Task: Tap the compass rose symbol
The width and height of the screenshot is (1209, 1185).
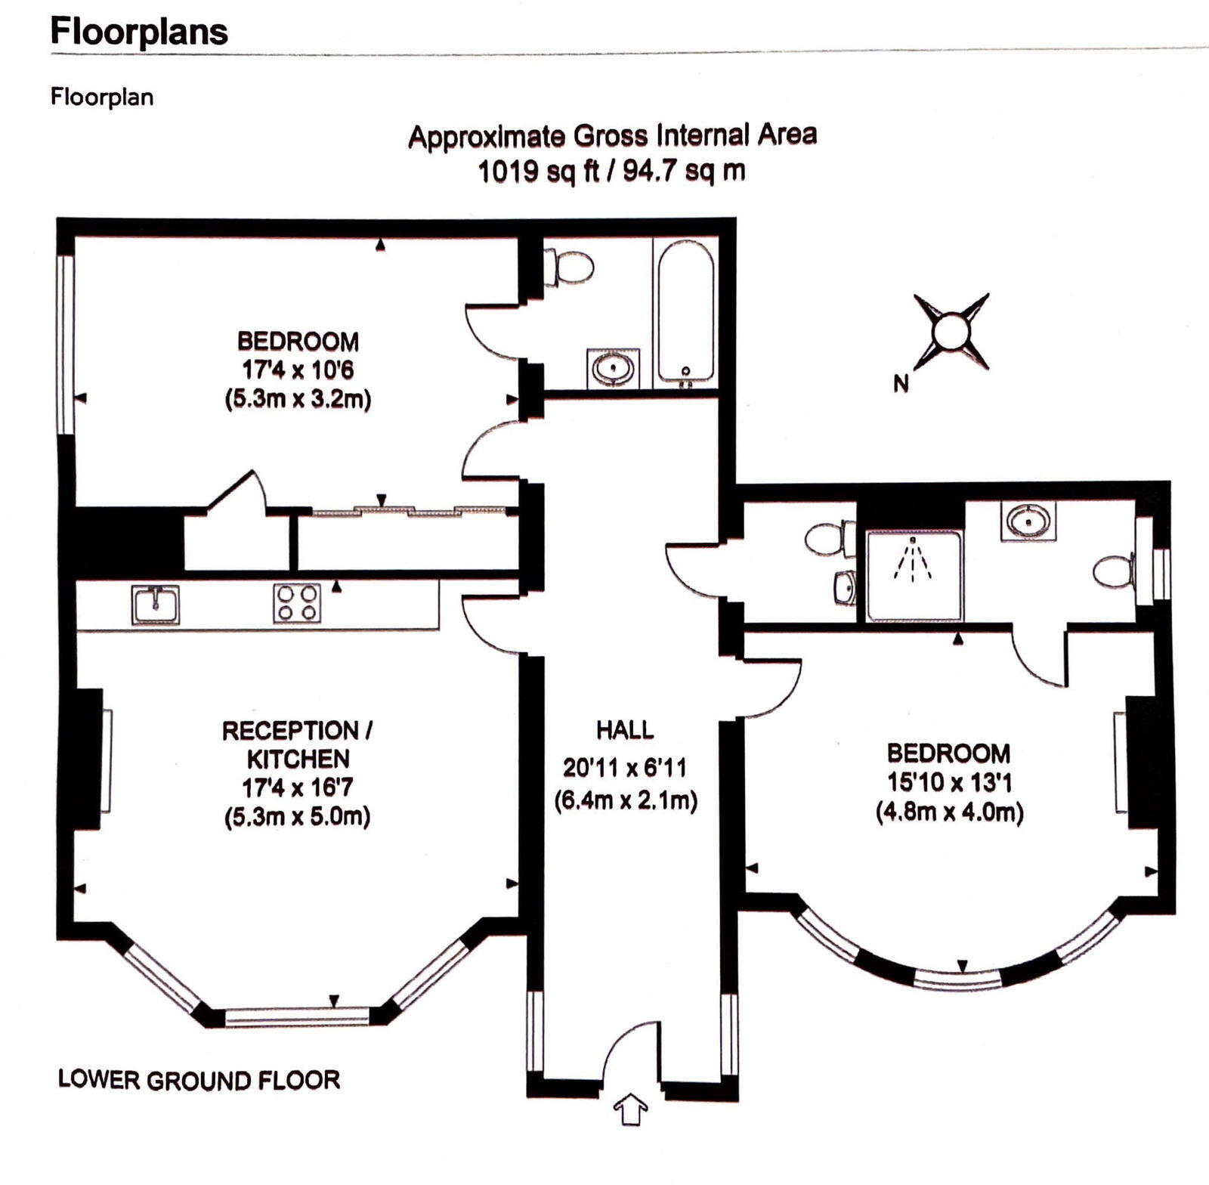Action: coord(951,332)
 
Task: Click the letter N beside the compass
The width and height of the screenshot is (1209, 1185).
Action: coord(900,384)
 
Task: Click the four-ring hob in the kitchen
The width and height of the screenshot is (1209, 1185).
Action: coord(297,603)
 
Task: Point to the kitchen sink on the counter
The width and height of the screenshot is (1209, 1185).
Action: coord(156,605)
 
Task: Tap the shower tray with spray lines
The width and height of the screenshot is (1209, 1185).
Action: coord(914,576)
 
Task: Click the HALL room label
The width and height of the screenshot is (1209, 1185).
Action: coord(625,730)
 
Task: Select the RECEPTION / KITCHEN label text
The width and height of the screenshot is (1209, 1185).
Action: coord(298,744)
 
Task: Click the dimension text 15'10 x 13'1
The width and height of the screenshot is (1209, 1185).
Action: coord(949,782)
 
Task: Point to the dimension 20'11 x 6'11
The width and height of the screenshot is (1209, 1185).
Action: coord(625,769)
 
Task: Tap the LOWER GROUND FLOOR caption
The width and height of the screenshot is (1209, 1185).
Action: coord(199,1080)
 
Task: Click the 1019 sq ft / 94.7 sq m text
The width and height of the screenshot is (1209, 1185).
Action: coord(612,172)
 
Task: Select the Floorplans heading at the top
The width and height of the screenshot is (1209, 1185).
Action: coord(139,32)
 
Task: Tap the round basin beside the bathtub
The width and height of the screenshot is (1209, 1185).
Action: coord(614,369)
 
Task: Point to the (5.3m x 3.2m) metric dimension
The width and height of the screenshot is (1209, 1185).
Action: coord(298,399)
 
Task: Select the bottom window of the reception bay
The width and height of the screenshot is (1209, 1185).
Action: coord(297,1016)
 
